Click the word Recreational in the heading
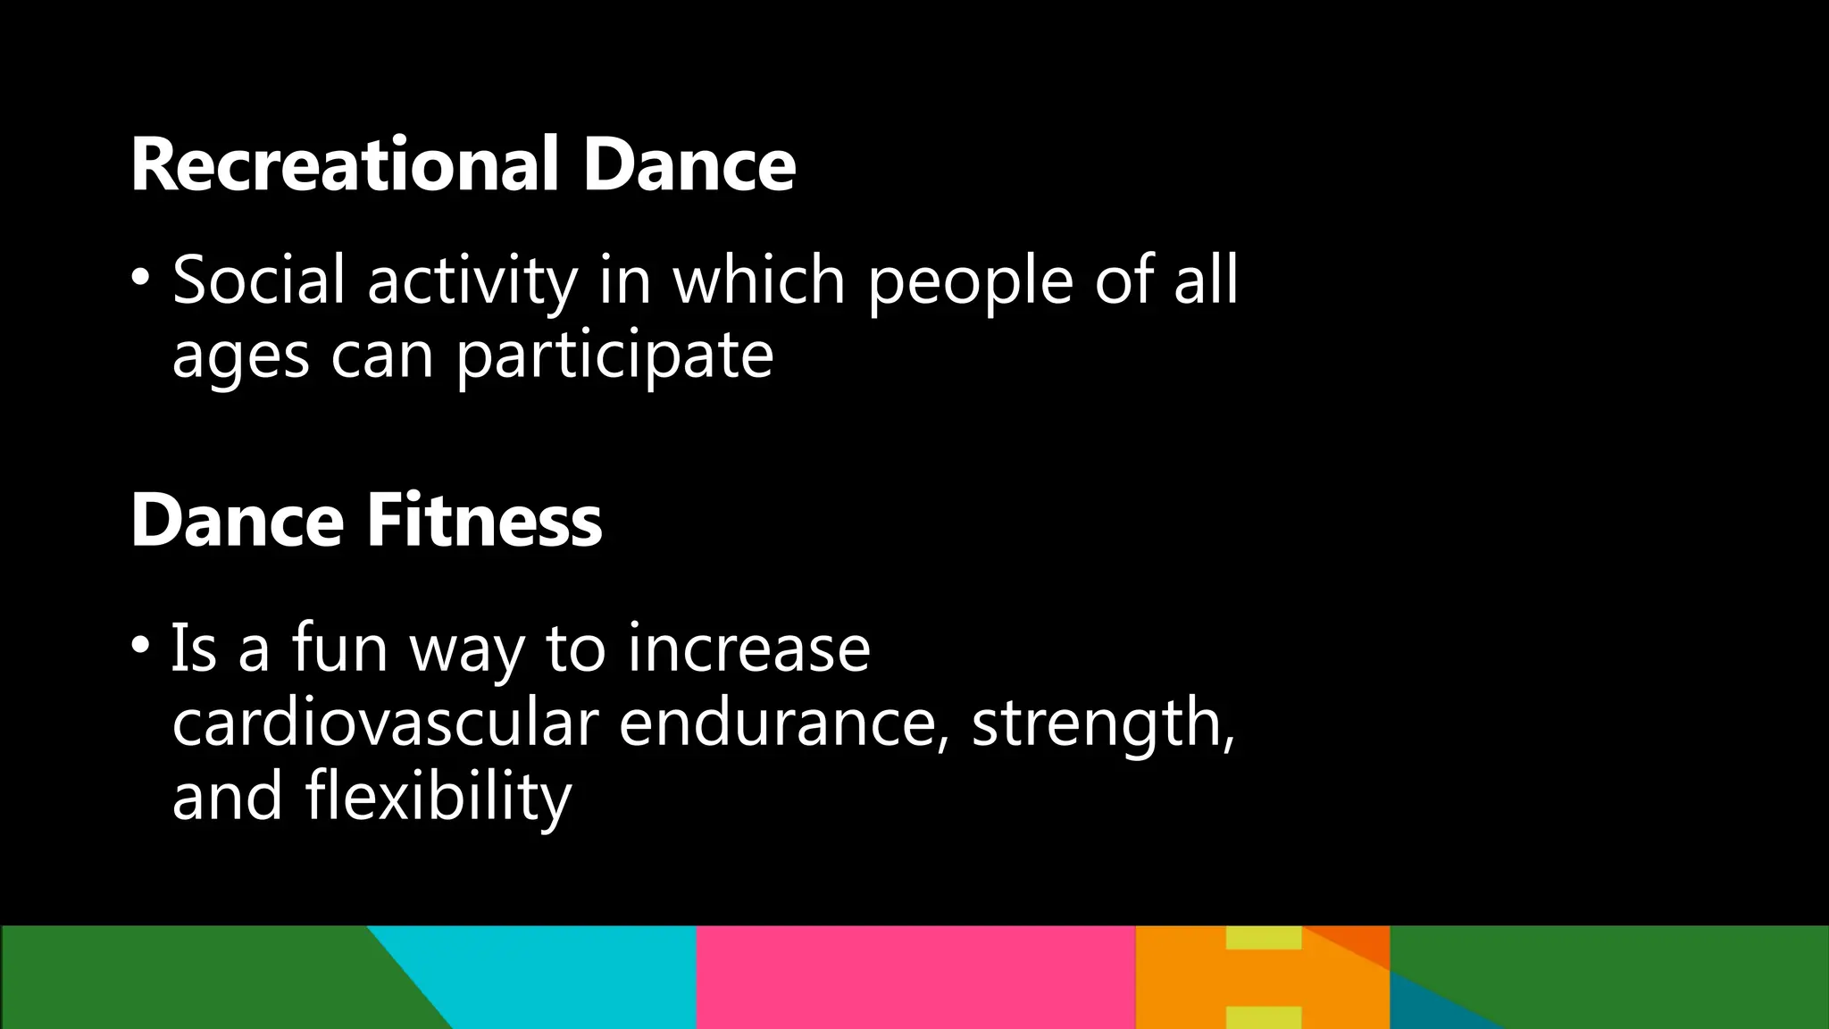tap(345, 165)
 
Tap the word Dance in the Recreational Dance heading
tap(689, 165)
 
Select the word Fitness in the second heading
tap(485, 521)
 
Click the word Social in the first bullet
tap(259, 280)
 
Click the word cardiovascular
tap(385, 724)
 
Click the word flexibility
tap(438, 798)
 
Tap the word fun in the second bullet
tap(339, 648)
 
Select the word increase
tap(748, 648)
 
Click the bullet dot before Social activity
tap(140, 278)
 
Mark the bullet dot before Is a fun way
tap(140, 644)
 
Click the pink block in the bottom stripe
tap(915, 977)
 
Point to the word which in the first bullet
tap(758, 280)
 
